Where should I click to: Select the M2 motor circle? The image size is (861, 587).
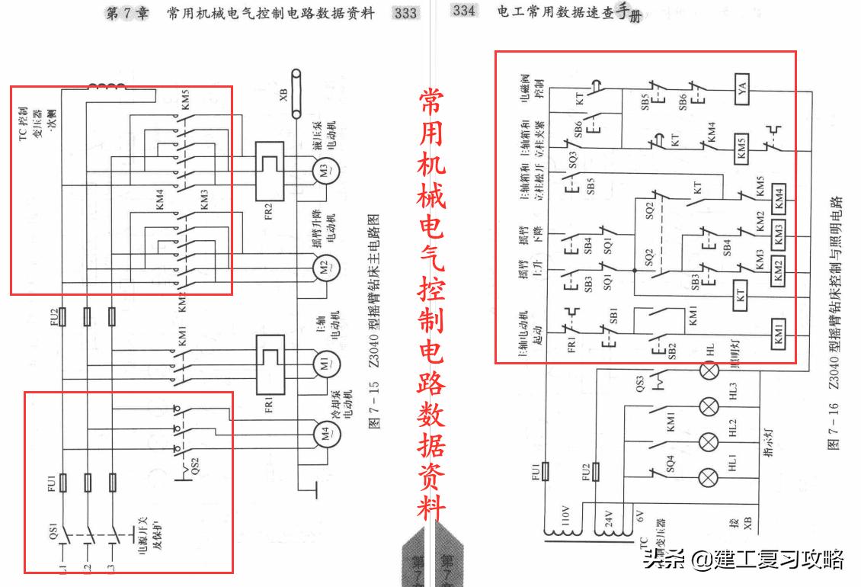click(322, 266)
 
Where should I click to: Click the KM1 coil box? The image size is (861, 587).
click(779, 341)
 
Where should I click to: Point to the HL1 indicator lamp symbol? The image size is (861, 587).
click(709, 478)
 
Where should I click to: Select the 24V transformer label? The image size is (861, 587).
click(607, 521)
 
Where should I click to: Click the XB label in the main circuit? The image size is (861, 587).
click(283, 95)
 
